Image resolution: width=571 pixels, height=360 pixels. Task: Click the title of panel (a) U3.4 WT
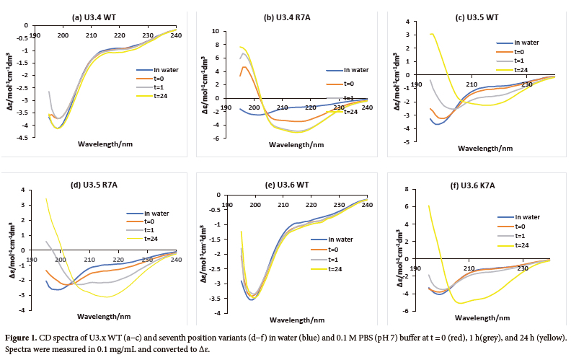coord(102,16)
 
